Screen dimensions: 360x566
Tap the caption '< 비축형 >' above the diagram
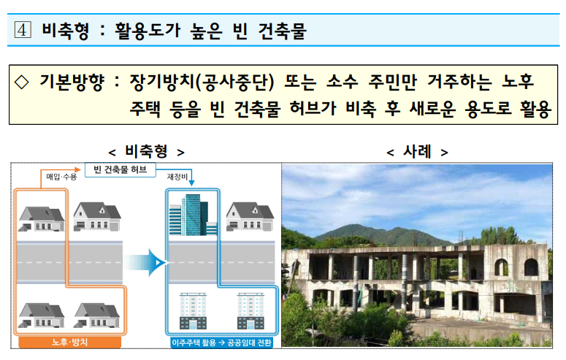point(145,151)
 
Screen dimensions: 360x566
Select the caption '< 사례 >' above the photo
point(416,151)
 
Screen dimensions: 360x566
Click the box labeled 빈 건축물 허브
point(121,169)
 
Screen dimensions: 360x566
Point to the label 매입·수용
point(61,177)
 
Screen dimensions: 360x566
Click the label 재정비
point(178,177)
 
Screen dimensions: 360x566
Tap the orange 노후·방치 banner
point(66,342)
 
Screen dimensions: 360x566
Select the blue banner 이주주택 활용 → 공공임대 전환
point(221,342)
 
